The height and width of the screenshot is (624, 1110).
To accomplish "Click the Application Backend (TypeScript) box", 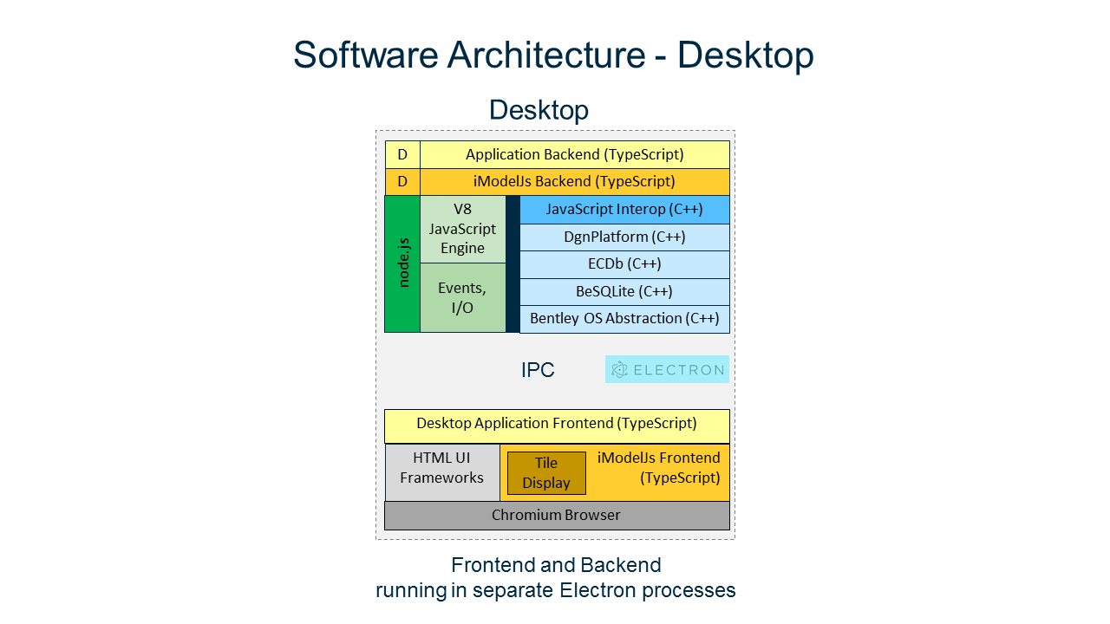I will [x=574, y=154].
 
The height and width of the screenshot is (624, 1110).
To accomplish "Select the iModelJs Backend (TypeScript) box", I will [x=574, y=181].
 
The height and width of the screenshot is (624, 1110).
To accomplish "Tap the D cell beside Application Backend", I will [x=402, y=154].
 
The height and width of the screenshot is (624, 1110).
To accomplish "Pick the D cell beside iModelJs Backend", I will [x=402, y=181].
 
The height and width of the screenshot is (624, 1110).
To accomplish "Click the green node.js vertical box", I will [x=402, y=263].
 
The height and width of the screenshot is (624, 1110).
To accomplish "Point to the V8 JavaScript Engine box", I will [x=462, y=229].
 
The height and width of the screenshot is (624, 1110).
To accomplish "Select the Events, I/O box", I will [x=462, y=297].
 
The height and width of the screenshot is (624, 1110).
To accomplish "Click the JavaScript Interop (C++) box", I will [x=624, y=210].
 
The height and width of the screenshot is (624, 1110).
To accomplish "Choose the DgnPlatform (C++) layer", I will [x=624, y=237].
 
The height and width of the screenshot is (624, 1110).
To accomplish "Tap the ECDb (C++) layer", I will [x=624, y=264].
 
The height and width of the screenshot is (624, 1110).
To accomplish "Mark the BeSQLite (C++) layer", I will [x=624, y=291].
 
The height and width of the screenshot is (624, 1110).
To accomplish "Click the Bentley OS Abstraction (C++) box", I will [x=624, y=319].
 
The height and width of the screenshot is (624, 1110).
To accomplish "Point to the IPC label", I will [x=538, y=370].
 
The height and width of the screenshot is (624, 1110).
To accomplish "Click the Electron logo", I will [x=667, y=369].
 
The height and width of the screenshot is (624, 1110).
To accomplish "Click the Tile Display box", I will [x=546, y=473].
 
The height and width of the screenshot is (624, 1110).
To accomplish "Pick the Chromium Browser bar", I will [x=557, y=516].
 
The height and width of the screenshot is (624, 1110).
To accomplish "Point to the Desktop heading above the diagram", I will [x=539, y=110].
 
